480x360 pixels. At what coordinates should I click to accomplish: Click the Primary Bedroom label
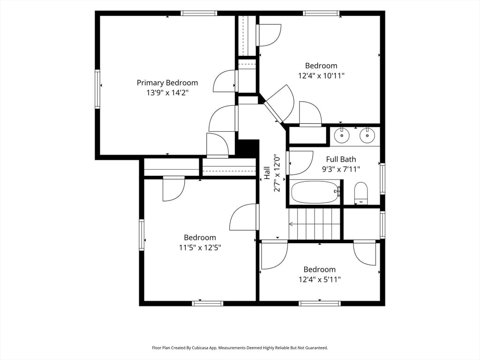point(167,83)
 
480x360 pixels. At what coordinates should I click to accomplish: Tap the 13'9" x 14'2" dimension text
point(167,92)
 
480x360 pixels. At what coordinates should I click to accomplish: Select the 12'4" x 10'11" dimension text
point(322,75)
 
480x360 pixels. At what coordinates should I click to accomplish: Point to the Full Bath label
point(341,159)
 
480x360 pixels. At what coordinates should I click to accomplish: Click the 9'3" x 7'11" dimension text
point(341,169)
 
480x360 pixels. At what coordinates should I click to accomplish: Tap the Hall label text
point(267,173)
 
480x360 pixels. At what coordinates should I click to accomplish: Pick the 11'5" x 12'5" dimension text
point(200,247)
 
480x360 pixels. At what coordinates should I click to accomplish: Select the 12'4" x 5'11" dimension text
point(320,279)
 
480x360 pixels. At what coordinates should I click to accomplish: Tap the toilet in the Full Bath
point(361,193)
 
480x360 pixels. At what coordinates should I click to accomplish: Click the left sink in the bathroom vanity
point(342,135)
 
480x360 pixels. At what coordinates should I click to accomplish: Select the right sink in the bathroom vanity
point(367,135)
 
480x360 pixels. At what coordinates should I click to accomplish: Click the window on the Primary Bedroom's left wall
point(97,89)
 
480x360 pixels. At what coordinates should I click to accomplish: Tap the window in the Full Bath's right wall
point(382,179)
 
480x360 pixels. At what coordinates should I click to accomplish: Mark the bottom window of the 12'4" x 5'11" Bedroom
point(320,303)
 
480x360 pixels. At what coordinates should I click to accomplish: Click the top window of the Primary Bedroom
point(199,13)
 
